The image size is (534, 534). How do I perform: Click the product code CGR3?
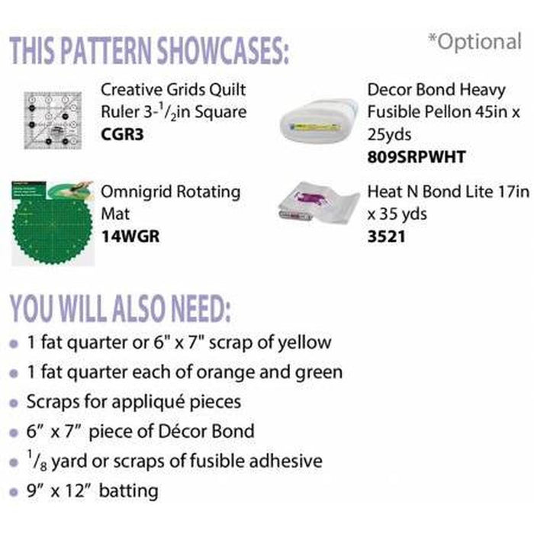tap(122, 134)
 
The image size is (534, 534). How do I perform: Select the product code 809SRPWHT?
tap(417, 157)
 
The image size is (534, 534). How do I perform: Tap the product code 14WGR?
tap(130, 236)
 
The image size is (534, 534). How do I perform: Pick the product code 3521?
tap(387, 236)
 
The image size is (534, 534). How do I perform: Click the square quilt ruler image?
tap(53, 121)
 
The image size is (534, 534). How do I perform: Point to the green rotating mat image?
tap(53, 224)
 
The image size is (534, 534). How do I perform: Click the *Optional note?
tap(474, 41)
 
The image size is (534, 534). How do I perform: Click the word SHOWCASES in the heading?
tap(223, 50)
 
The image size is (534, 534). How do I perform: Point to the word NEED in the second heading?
tap(200, 308)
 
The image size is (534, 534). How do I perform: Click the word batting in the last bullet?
tap(128, 491)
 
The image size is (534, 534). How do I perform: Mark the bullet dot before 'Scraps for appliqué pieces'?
tap(14, 404)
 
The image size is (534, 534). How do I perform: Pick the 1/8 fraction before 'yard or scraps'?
tap(37, 461)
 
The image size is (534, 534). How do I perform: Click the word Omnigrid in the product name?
tap(137, 192)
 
